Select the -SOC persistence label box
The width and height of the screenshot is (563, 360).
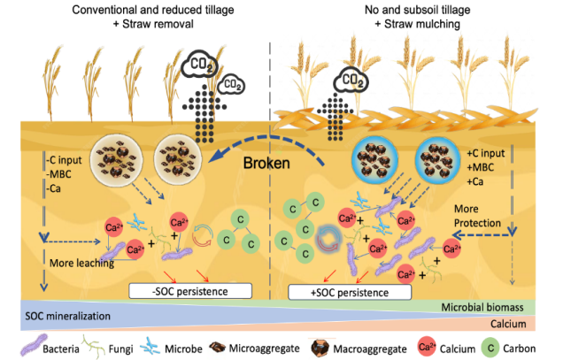tap(179, 290)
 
